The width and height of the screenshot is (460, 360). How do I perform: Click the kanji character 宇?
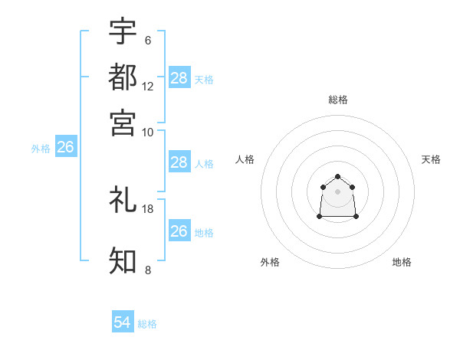pos(123,31)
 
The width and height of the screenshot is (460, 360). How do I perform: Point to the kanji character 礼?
pos(123,200)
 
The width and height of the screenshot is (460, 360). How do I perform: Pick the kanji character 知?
pos(123,260)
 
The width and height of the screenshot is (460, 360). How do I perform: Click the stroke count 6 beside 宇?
pos(148,40)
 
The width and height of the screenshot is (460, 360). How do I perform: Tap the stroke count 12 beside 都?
pos(148,86)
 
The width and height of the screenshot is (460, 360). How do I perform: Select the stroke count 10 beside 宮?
pos(148,131)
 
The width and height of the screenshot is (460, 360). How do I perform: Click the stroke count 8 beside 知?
pos(148,270)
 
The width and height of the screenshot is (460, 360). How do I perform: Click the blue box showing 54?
pos(123,323)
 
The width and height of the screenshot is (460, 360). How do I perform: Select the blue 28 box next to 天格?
pos(179,78)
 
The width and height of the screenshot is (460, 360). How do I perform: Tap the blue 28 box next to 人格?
pos(179,162)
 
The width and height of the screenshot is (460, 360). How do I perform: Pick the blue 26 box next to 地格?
pos(179,231)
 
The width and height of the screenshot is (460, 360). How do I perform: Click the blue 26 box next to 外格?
pos(65,147)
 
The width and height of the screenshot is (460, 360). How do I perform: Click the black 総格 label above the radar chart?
pos(337,100)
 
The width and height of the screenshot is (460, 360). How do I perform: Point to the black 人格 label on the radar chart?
pos(245,159)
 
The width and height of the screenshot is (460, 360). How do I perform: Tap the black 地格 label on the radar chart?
pos(402,262)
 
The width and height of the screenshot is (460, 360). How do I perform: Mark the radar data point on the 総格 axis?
pos(337,176)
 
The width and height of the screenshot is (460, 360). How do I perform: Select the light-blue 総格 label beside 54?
pos(147,324)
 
